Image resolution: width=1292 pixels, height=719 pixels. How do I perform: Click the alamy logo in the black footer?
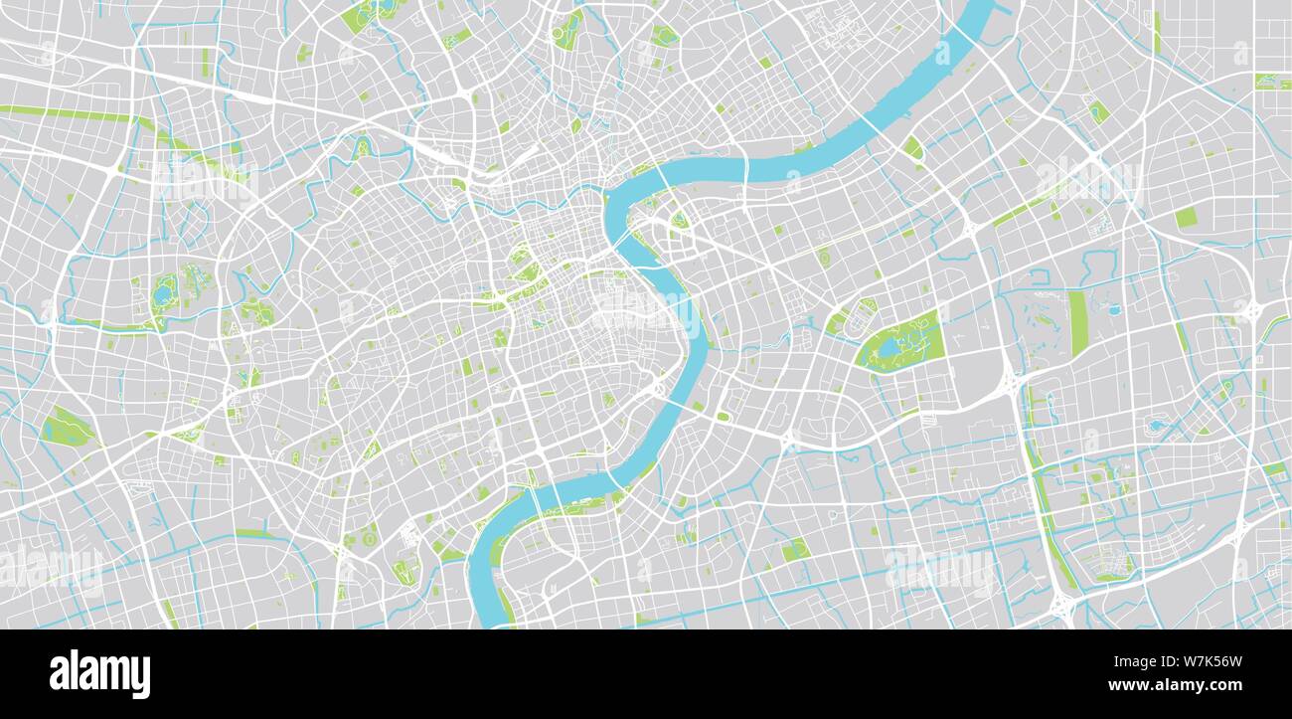pyautogui.click(x=99, y=673)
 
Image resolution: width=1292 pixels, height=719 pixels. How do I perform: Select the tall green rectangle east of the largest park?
pyautogui.click(x=1077, y=323)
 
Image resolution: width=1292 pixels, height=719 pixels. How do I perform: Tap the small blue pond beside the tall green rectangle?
pyautogui.click(x=1114, y=310)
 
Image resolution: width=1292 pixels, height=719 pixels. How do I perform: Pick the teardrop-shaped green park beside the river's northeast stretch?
pyautogui.click(x=912, y=148)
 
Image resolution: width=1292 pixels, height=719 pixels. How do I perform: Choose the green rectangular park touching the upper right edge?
pyautogui.click(x=1271, y=82)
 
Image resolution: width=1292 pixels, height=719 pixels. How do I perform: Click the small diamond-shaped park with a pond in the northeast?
pyautogui.click(x=1097, y=111)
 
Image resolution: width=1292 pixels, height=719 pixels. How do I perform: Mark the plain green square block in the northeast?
pyautogui.click(x=1186, y=217)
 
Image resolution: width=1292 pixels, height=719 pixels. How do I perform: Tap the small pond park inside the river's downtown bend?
pyautogui.click(x=680, y=221)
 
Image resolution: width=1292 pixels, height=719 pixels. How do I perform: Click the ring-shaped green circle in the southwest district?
pyautogui.click(x=370, y=538)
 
